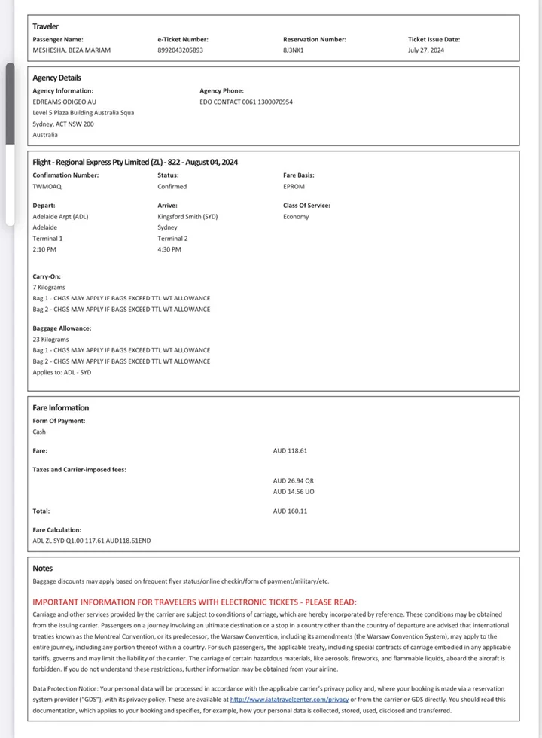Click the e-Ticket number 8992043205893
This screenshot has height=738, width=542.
click(x=180, y=50)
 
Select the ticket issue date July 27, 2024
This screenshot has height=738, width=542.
click(x=426, y=50)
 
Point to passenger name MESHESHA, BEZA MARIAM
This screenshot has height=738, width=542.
click(x=72, y=50)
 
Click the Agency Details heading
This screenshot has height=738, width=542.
click(x=56, y=78)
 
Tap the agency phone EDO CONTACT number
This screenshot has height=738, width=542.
click(x=246, y=102)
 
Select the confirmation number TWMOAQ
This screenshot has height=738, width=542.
click(x=47, y=186)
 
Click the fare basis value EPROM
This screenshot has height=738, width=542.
click(x=294, y=186)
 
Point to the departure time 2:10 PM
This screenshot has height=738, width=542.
click(x=44, y=249)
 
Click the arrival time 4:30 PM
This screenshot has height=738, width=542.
click(x=169, y=249)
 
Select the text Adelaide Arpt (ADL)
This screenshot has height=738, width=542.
click(x=60, y=216)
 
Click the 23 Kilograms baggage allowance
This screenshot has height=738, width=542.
click(x=50, y=340)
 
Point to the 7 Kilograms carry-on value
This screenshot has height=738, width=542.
click(x=49, y=288)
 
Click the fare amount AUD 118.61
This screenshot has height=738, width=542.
click(x=290, y=450)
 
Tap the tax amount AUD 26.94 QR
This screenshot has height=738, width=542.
click(x=293, y=480)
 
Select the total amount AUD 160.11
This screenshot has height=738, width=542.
click(x=290, y=511)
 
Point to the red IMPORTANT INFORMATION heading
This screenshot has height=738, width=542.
click(x=194, y=602)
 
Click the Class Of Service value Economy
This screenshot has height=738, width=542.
click(x=296, y=216)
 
